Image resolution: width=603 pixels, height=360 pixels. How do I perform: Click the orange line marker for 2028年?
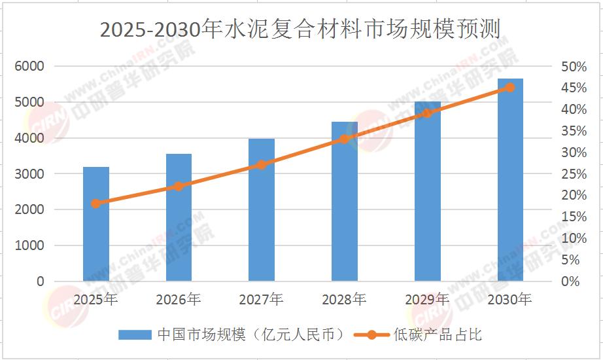pyautogui.click(x=345, y=139)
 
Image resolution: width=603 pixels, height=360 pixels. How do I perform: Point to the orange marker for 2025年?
pyautogui.click(x=96, y=203)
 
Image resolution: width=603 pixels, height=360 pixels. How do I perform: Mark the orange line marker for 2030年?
pyautogui.click(x=510, y=87)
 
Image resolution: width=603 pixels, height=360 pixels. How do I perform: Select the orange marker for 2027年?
pyautogui.click(x=262, y=164)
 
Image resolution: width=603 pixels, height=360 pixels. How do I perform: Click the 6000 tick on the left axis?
pyautogui.click(x=30, y=66)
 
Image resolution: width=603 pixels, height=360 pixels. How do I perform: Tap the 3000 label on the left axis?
pyautogui.click(x=30, y=174)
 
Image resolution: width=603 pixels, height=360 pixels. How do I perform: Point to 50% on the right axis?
pyautogui.click(x=574, y=67)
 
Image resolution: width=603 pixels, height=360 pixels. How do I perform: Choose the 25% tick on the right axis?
pyautogui.click(x=574, y=174)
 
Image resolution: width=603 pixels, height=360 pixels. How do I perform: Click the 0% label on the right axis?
pyautogui.click(x=572, y=281)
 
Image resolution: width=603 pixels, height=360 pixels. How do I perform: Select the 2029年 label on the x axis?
pyautogui.click(x=427, y=300)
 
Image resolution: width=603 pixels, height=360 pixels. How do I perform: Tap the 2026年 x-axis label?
pyautogui.click(x=179, y=300)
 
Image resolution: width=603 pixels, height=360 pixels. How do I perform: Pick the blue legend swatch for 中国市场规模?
pyautogui.click(x=135, y=334)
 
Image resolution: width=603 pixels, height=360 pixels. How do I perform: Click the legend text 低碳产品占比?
pyautogui.click(x=438, y=334)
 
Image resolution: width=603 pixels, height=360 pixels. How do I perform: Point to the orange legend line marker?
pyautogui.click(x=371, y=334)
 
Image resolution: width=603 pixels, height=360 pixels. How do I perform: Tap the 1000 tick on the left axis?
pyautogui.click(x=30, y=245)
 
